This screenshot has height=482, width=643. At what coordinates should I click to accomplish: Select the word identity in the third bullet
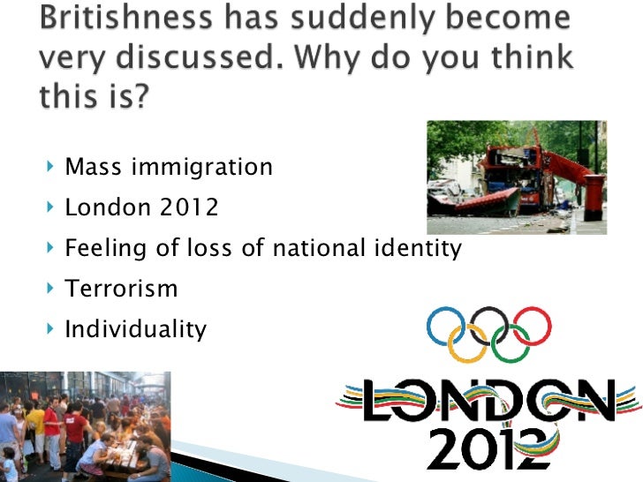tap(415, 248)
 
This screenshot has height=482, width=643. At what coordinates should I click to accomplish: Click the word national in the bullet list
tap(313, 248)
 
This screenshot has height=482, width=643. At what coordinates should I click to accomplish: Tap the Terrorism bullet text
tap(122, 289)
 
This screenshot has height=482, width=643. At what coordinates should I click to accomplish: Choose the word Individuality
tap(136, 330)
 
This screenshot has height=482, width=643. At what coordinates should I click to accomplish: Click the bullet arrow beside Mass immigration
tap(49, 166)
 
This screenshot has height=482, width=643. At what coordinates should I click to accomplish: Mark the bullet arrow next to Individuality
tap(49, 330)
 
